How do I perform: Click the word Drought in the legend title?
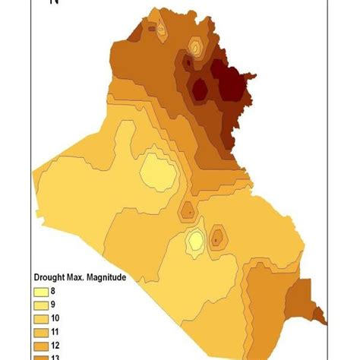click(49, 277)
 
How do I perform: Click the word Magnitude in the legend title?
click(106, 277)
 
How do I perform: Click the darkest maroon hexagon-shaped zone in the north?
click(200, 89)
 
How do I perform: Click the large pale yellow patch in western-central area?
click(157, 172)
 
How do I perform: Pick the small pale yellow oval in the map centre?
click(195, 240)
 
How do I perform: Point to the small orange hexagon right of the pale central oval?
click(216, 238)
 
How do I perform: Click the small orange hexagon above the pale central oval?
click(187, 210)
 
